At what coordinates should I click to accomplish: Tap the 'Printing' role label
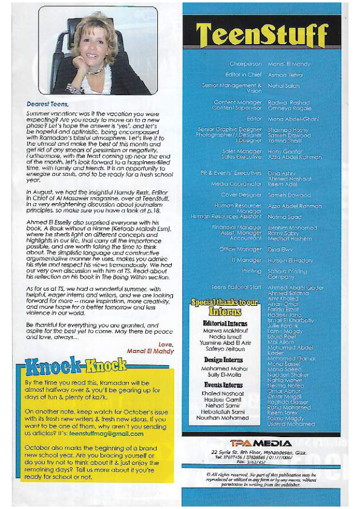pyautogui.click(x=251, y=271)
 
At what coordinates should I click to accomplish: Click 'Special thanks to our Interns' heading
pyautogui.click(x=225, y=307)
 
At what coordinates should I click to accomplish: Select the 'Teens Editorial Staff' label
pyautogui.click(x=236, y=287)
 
